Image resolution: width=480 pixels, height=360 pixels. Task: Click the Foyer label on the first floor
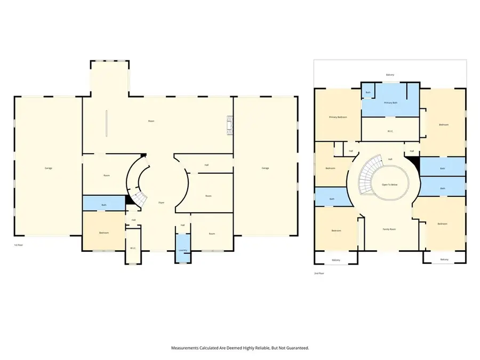click(x=161, y=203)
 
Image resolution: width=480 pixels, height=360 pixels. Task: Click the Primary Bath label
click(x=391, y=102)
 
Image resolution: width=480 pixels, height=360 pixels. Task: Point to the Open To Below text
click(x=389, y=185)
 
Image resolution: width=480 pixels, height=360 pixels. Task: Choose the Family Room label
click(x=389, y=229)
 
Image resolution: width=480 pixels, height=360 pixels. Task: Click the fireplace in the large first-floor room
click(x=230, y=124)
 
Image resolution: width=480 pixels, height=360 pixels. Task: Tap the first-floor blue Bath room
click(x=104, y=204)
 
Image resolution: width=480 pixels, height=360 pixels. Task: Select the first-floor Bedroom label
click(x=104, y=233)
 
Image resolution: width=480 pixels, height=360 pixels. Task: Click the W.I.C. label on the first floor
click(x=133, y=248)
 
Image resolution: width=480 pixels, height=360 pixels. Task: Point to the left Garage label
click(x=49, y=168)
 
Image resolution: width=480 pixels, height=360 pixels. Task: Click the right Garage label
click(x=265, y=168)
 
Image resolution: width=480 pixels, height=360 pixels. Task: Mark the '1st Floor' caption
click(x=19, y=245)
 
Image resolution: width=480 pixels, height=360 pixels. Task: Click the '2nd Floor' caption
click(x=319, y=273)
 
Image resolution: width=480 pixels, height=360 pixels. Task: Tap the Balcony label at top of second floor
click(x=390, y=75)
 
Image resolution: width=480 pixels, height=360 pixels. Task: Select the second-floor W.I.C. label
click(x=390, y=131)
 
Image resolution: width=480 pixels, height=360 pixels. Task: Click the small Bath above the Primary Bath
click(x=368, y=92)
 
